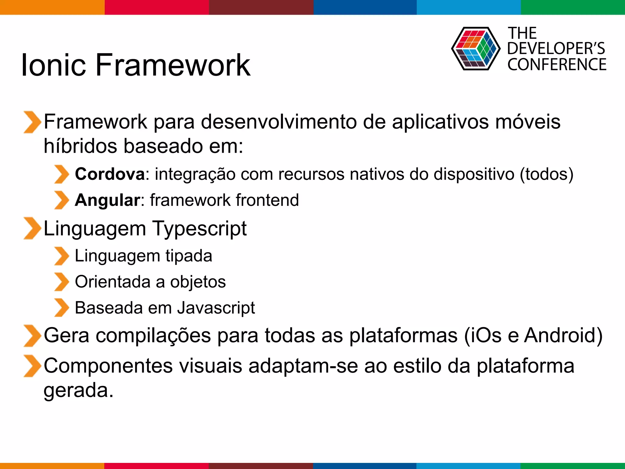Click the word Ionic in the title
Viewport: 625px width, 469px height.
click(x=54, y=65)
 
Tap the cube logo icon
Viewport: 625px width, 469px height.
click(x=475, y=49)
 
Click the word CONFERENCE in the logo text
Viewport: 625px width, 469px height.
click(x=557, y=65)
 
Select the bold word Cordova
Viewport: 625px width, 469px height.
click(x=110, y=174)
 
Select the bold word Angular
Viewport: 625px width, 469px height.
click(x=107, y=200)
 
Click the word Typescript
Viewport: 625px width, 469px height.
click(x=199, y=229)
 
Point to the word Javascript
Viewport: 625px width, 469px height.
click(x=216, y=308)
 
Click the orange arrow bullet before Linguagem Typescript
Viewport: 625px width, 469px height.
click(x=32, y=228)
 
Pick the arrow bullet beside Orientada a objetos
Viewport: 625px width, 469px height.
click(x=62, y=282)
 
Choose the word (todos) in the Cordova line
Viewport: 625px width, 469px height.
click(x=547, y=174)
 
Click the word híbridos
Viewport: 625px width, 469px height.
click(x=80, y=146)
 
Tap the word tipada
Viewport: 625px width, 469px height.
click(x=189, y=256)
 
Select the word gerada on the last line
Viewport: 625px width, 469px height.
click(x=78, y=391)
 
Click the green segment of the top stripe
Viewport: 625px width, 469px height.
click(x=573, y=7)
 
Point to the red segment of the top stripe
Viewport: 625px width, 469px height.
click(x=157, y=7)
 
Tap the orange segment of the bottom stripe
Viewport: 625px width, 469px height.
click(x=52, y=466)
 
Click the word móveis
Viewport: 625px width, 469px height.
click(x=528, y=122)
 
